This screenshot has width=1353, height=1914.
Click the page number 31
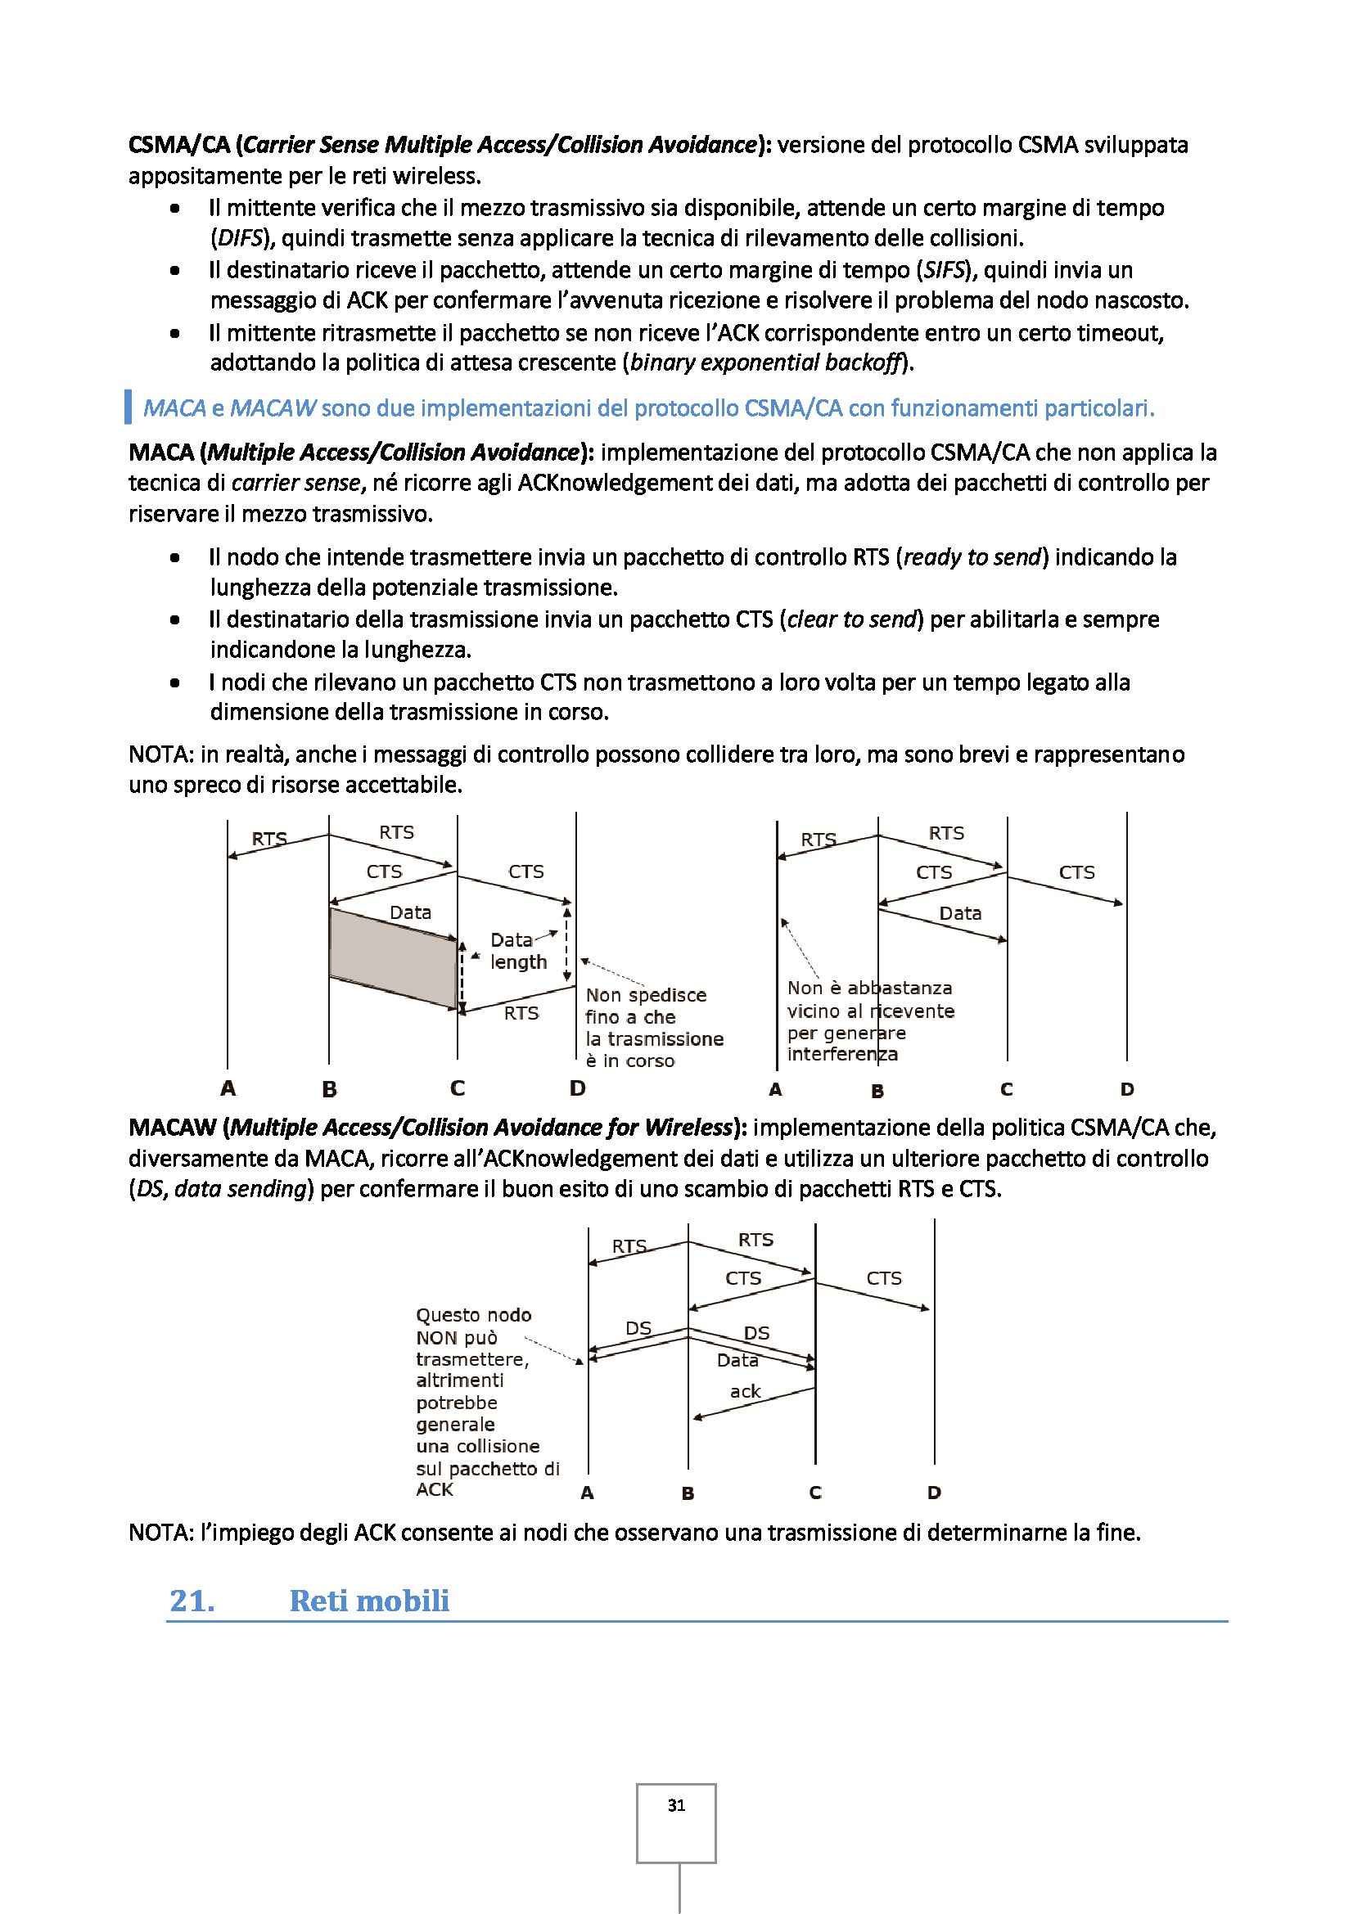[676, 1805]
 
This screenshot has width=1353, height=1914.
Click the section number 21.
[192, 1601]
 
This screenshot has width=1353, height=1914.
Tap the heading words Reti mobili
[368, 1601]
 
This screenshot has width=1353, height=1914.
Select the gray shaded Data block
[394, 957]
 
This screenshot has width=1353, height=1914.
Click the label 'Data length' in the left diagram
[517, 951]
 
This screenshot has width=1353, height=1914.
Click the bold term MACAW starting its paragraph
[173, 1127]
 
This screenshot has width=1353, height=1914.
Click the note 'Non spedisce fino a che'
[645, 1006]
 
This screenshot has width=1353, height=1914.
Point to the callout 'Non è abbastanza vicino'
[868, 998]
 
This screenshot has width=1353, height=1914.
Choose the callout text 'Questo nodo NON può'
[471, 1326]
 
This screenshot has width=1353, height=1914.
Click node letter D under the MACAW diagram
[934, 1493]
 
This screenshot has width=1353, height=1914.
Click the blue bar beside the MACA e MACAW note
[129, 407]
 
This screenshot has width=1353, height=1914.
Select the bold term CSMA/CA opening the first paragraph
[179, 145]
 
